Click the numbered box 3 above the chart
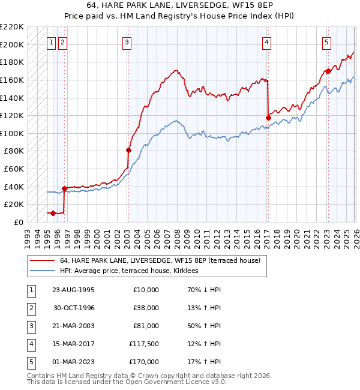point(128,42)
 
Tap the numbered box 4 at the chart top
point(266,42)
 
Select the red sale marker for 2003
point(128,150)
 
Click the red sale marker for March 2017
point(268,118)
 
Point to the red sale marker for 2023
point(328,71)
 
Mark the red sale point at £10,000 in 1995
point(53,213)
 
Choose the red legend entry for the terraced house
point(160,261)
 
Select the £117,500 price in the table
point(144,344)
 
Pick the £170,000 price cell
point(144,362)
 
